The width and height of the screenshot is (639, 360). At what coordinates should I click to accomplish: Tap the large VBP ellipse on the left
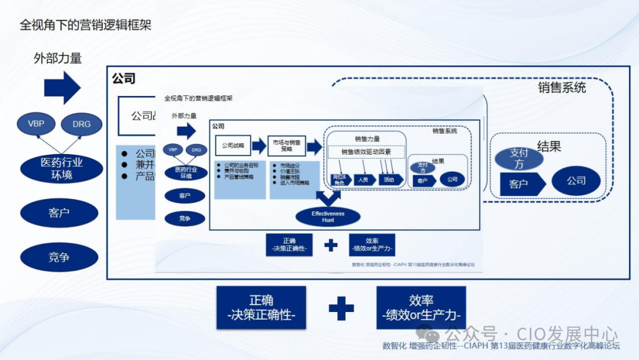pos(40,124)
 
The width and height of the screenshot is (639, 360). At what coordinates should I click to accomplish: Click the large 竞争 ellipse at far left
pos(59,258)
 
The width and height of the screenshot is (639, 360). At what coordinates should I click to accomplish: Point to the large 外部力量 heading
pos(57,58)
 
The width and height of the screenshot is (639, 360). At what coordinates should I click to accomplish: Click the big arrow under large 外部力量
pos(62,88)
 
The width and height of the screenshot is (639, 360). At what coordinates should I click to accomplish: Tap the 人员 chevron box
pos(363,179)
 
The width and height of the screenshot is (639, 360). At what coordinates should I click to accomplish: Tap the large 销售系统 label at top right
pos(561,88)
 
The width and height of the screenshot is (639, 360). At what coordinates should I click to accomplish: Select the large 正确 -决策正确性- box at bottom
pos(261,308)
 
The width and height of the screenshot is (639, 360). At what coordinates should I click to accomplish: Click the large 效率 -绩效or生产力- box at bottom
pos(421,308)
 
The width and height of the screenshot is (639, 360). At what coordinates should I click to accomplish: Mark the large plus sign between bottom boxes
pos(341,308)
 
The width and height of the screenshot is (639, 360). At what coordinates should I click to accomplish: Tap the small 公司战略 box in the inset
pos(232,145)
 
